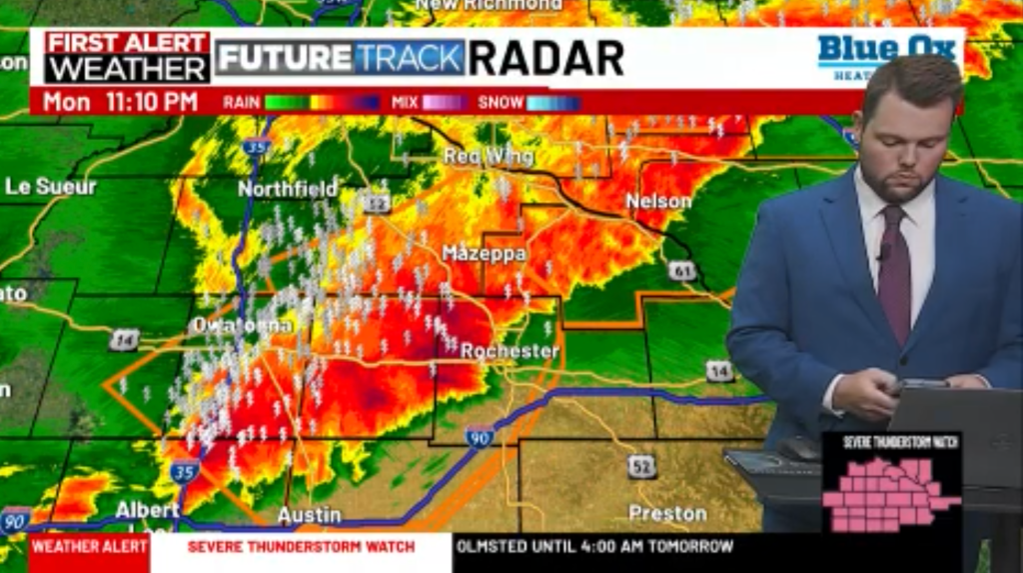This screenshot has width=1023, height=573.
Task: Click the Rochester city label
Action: [x=510, y=351]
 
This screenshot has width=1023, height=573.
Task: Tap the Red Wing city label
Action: [x=489, y=157]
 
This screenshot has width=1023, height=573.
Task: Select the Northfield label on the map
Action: [x=288, y=188]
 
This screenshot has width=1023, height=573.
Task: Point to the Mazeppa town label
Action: [x=484, y=254]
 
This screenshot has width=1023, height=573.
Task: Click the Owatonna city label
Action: [x=242, y=325]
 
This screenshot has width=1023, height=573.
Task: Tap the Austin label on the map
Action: [x=309, y=516]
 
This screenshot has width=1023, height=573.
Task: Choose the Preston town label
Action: [x=667, y=514]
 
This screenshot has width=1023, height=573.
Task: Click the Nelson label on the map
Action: [x=658, y=201]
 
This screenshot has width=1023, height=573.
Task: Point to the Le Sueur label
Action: [x=50, y=186]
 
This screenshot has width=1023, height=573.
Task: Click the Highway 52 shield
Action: [x=642, y=465]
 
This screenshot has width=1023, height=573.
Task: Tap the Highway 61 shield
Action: [x=682, y=271]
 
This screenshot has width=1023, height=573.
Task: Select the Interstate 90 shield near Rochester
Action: [x=480, y=436]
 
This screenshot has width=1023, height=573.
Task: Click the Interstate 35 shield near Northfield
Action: [x=256, y=147]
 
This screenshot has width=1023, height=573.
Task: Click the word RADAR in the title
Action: [x=546, y=58]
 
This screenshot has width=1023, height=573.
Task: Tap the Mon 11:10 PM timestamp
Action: [x=120, y=102]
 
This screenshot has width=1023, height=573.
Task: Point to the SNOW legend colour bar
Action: [x=552, y=102]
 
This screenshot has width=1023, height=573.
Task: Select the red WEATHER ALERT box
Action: [x=89, y=547]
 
